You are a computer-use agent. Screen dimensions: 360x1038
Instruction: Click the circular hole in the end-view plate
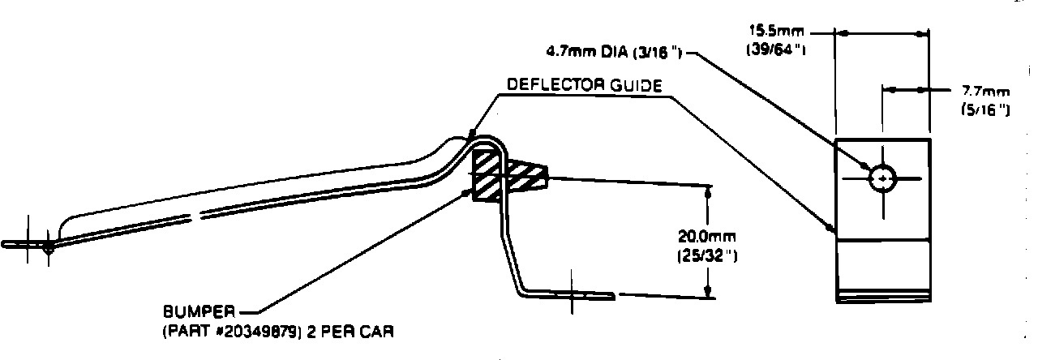tap(881, 178)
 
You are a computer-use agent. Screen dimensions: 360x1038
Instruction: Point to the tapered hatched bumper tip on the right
tap(527, 175)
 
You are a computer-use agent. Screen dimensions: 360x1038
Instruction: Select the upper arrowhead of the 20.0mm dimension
tap(708, 192)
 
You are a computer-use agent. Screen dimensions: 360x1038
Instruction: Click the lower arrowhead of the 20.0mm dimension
tap(708, 293)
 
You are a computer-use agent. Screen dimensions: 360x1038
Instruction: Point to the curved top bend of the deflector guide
tap(485, 139)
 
